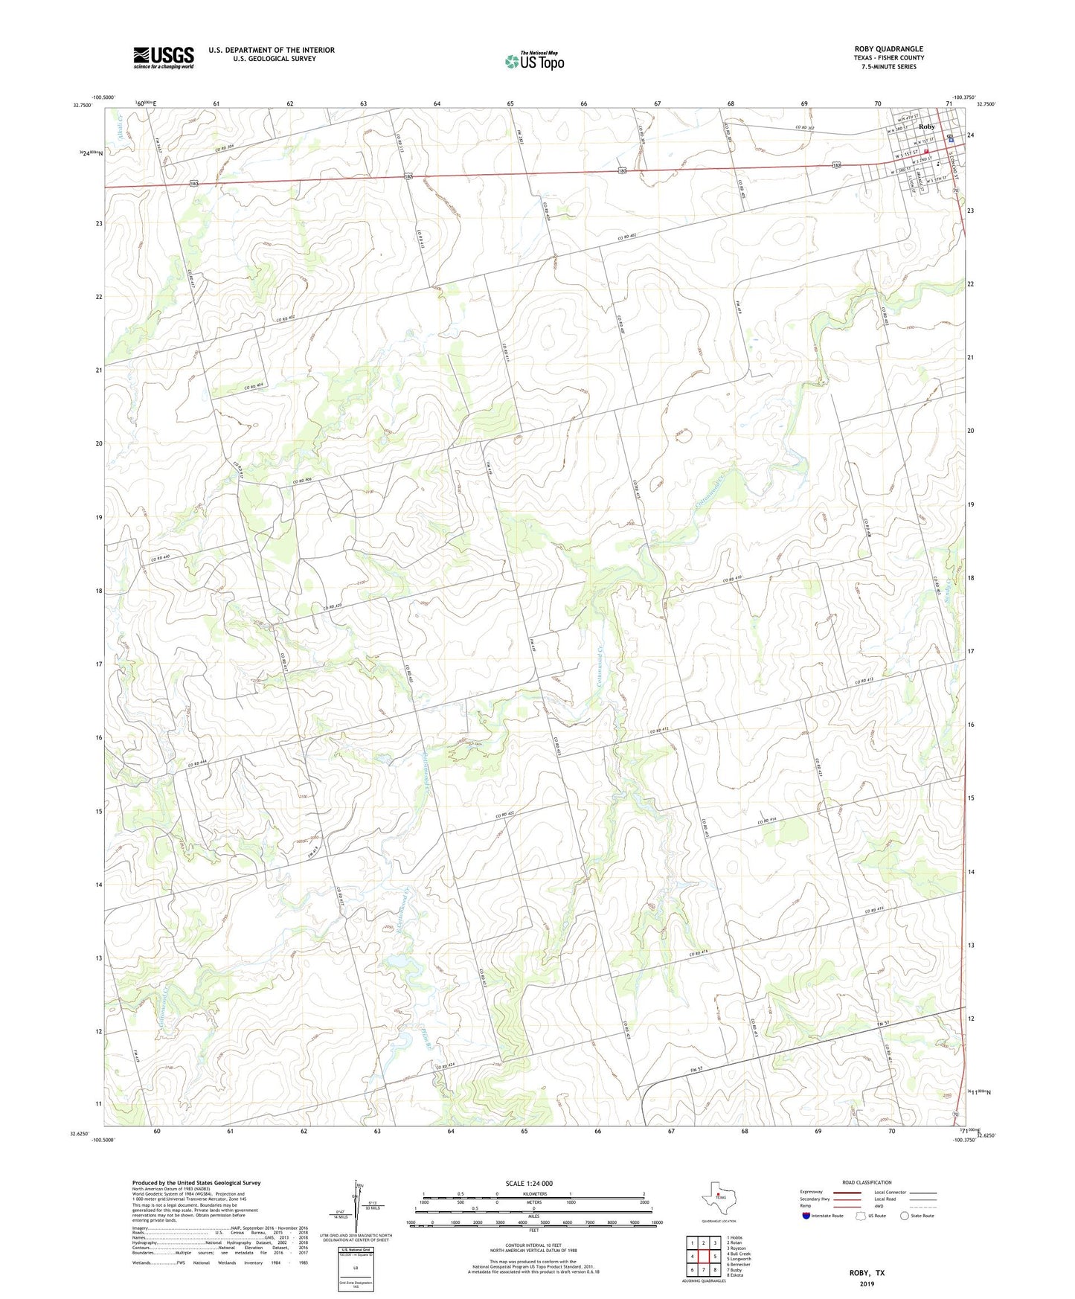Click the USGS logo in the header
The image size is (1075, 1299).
[x=164, y=57]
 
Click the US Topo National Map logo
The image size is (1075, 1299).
[x=535, y=60]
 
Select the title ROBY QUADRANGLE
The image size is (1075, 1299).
[x=888, y=49]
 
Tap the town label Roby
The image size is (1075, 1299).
[x=926, y=126]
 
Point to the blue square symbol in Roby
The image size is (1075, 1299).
[x=951, y=139]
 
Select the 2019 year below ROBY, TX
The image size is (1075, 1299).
[x=867, y=1283]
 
